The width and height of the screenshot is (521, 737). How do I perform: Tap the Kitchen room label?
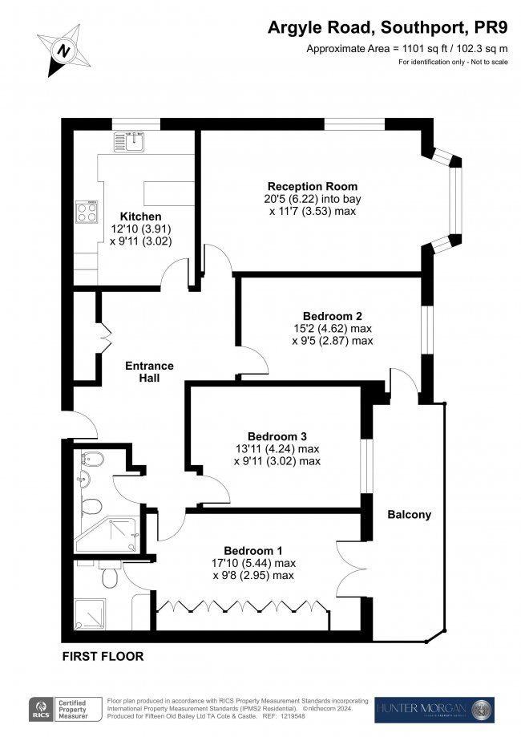pos(140,217)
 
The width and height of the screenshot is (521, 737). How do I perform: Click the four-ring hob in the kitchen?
pos(87,212)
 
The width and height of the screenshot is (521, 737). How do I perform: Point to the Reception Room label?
pos(312,186)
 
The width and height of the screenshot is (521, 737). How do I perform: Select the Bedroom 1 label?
pos(253,550)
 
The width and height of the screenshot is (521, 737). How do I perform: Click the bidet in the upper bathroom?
pos(87,461)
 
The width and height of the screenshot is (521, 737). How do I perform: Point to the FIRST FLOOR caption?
pos(103,656)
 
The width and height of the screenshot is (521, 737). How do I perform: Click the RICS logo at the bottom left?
pos(38,709)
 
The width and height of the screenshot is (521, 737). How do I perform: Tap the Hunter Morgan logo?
pos(434,709)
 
